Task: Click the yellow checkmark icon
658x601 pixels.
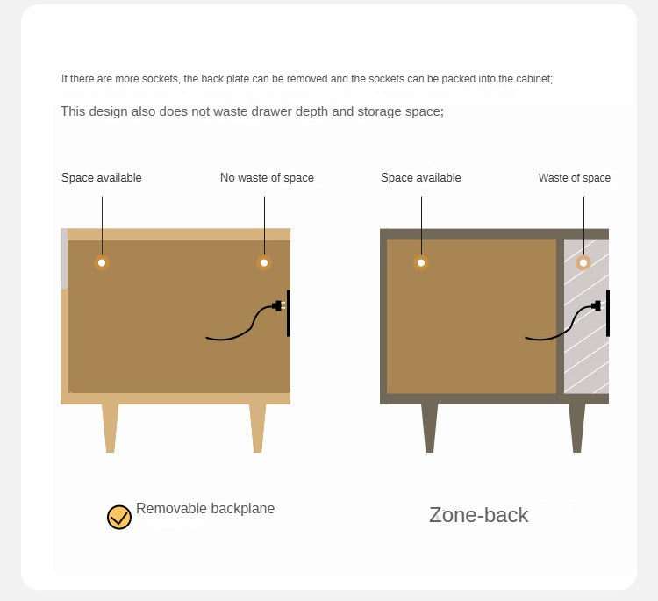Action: pyautogui.click(x=119, y=517)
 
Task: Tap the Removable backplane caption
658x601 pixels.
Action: pyautogui.click(x=205, y=508)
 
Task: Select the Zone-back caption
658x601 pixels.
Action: pyautogui.click(x=478, y=515)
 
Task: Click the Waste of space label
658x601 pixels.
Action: pyautogui.click(x=575, y=178)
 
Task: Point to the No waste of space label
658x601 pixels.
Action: pyautogui.click(x=267, y=178)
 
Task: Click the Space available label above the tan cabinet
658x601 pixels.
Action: pyautogui.click(x=102, y=178)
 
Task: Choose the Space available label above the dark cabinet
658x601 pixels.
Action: pyautogui.click(x=421, y=178)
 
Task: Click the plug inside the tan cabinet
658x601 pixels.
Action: pyautogui.click(x=279, y=305)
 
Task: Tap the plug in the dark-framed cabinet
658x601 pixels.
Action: pyautogui.click(x=597, y=305)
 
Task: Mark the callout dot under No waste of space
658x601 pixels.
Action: pyautogui.click(x=264, y=262)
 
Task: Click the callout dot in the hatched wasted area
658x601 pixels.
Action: pyautogui.click(x=583, y=262)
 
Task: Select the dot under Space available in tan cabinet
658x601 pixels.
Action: pyautogui.click(x=102, y=262)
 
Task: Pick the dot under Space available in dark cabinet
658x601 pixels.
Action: pyautogui.click(x=421, y=262)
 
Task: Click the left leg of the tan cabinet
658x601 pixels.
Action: pyautogui.click(x=110, y=428)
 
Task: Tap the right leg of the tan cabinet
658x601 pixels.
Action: pyautogui.click(x=258, y=428)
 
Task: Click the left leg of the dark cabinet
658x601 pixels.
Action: pyautogui.click(x=429, y=428)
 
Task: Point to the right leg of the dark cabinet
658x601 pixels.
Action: pyautogui.click(x=577, y=428)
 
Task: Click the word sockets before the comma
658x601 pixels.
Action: pyautogui.click(x=161, y=79)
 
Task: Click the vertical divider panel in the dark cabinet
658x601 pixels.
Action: pyautogui.click(x=561, y=316)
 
